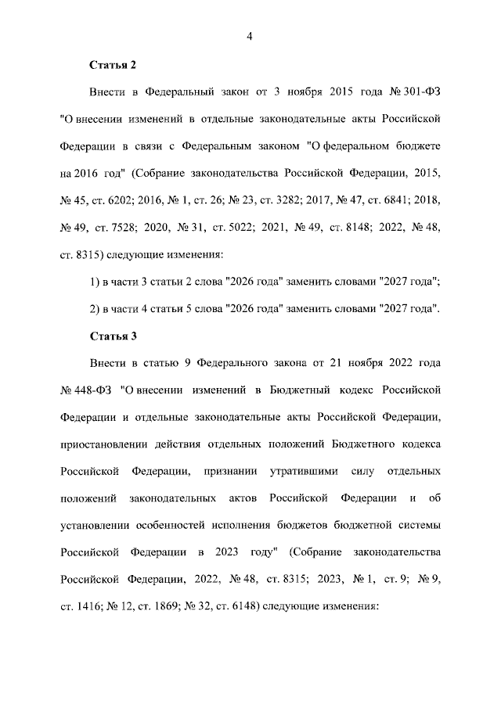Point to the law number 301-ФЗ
(422, 92)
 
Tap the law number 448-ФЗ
(94, 390)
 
